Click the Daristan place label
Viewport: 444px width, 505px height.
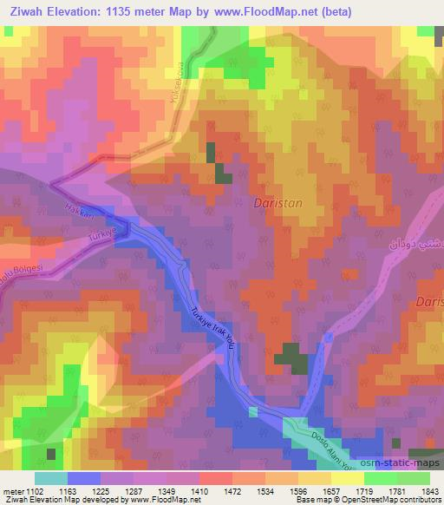[278, 203]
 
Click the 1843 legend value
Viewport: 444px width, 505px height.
[428, 492]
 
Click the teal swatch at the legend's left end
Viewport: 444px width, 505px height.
[51, 478]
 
